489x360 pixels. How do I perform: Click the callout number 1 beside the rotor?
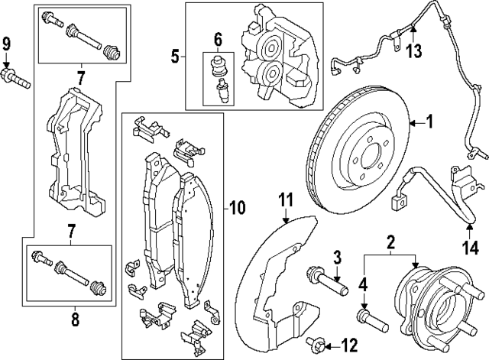point(429,121)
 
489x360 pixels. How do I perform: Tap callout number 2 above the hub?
point(390,242)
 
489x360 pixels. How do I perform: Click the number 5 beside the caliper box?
point(175,57)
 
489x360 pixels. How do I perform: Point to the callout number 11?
point(285,201)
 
